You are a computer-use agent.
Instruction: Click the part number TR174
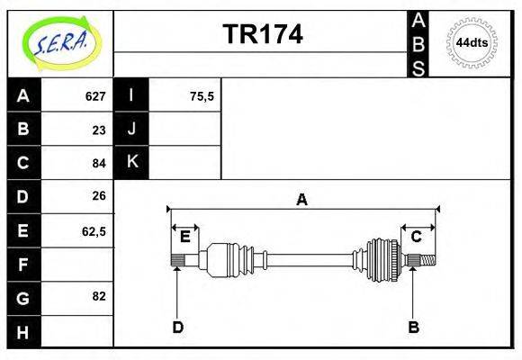coord(262,35)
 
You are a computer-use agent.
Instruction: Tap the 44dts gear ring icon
coord(472,42)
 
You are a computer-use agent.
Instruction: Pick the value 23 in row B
coord(99,130)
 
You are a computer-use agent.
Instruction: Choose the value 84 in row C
coord(99,163)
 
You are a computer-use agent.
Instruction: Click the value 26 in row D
coord(99,195)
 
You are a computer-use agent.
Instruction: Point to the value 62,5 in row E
coord(94,230)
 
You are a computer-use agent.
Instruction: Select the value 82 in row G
coord(99,296)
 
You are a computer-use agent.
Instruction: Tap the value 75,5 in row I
coord(202,96)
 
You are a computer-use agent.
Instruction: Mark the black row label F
coord(23,264)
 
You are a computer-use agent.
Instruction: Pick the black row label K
coord(131,162)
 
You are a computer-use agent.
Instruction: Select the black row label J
coord(131,130)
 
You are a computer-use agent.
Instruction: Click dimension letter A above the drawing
coord(302,200)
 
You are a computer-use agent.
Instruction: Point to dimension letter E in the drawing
coord(184,237)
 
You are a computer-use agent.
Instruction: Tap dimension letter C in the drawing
coord(416,237)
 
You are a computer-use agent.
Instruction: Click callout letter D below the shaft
coord(177,328)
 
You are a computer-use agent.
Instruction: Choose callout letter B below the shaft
coord(413,328)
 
